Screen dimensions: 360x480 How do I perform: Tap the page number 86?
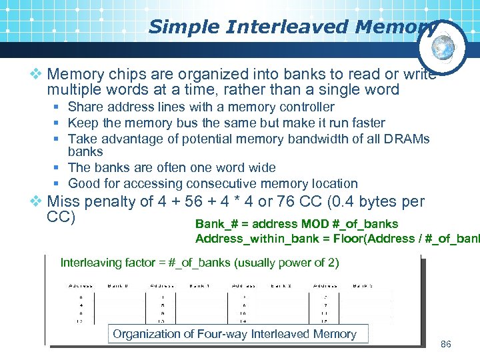pyautogui.click(x=446, y=344)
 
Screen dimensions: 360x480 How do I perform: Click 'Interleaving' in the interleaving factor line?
pyautogui.click(x=91, y=263)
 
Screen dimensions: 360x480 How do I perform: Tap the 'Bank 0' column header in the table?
pyautogui.click(x=119, y=285)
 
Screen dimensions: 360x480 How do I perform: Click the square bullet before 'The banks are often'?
pyautogui.click(x=59, y=168)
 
